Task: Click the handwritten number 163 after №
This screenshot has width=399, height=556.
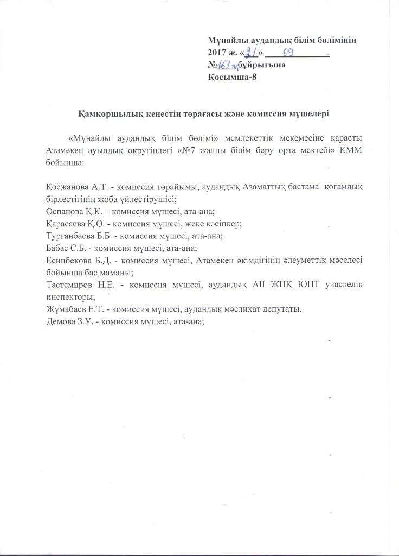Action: pyautogui.click(x=224, y=65)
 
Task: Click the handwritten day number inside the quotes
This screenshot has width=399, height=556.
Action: pyautogui.click(x=250, y=52)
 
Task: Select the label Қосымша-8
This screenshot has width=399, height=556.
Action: pyautogui.click(x=229, y=77)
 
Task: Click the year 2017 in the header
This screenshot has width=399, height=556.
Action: pyautogui.click(x=217, y=53)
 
